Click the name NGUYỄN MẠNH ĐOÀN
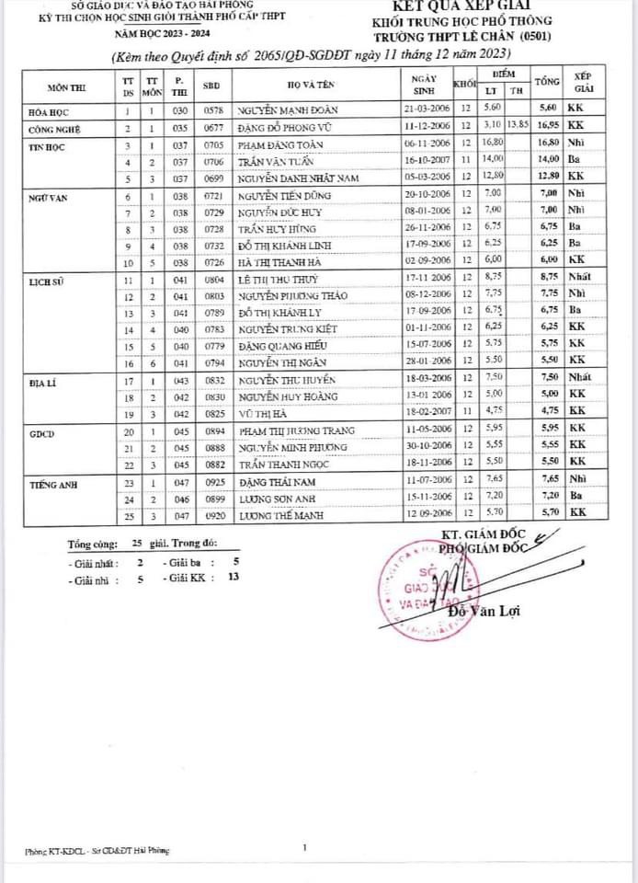point(279,110)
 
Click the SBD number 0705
point(214,145)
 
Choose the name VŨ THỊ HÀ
point(258,415)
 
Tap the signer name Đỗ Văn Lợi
point(479,613)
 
